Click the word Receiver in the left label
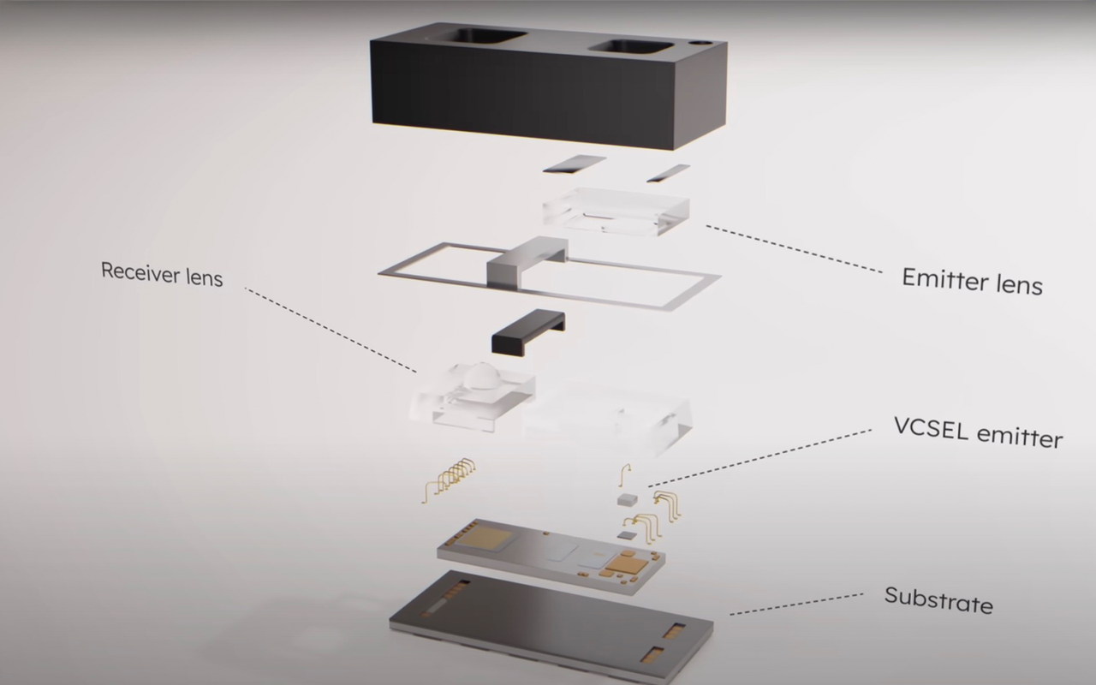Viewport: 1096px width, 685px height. tap(134, 271)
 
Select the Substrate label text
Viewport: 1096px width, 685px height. tap(938, 599)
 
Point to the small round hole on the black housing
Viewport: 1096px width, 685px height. tap(703, 41)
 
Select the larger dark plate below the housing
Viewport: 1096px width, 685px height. tap(574, 163)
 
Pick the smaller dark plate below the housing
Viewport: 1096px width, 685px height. tap(668, 172)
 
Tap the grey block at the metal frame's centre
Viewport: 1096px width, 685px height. tap(526, 260)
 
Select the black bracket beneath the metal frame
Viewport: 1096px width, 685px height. tap(527, 332)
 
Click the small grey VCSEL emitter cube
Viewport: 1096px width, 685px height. tap(627, 497)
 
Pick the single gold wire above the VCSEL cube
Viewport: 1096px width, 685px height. tap(625, 474)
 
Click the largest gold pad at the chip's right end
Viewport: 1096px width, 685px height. tap(629, 563)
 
